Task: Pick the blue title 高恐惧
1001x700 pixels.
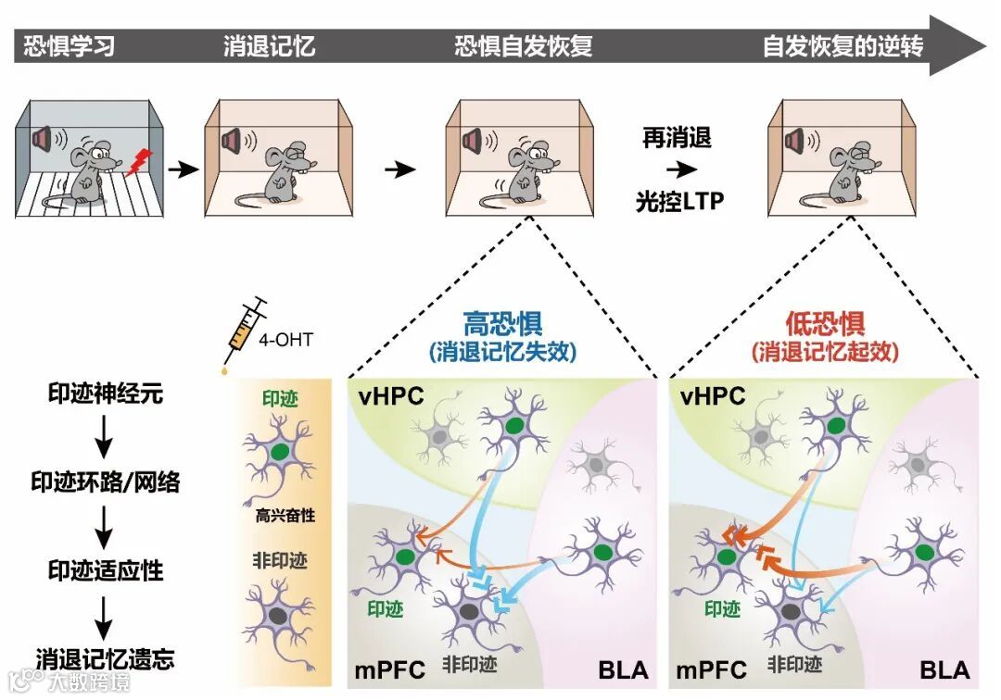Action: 502,324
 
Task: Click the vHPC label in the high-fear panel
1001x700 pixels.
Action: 390,396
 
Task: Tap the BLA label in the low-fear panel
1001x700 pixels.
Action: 944,669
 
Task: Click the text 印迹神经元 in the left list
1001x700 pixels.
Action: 106,393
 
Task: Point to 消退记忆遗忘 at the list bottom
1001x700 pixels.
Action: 106,658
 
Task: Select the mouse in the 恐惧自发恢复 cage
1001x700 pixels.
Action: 524,170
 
